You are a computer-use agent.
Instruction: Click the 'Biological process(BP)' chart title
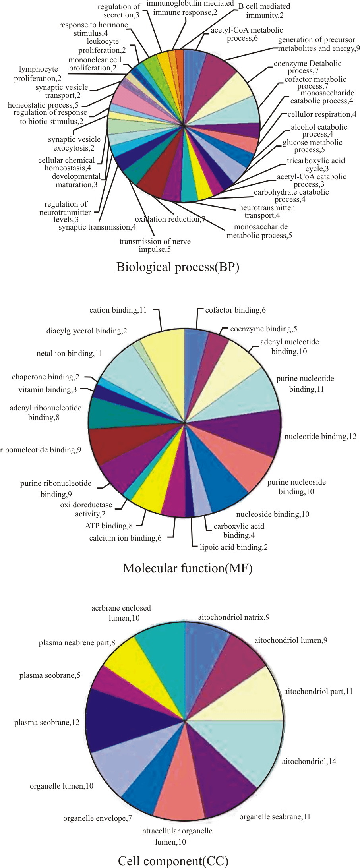[178, 267]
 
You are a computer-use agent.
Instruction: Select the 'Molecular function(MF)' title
[188, 568]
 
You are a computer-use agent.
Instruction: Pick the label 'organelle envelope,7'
[97, 818]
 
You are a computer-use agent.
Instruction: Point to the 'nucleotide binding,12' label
[320, 437]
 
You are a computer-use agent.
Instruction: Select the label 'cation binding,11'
[118, 310]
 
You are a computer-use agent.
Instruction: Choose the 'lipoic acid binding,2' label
[234, 547]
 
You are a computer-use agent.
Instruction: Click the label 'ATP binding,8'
[109, 526]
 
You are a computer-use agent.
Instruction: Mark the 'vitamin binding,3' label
[48, 389]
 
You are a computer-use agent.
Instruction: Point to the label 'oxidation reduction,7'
[170, 219]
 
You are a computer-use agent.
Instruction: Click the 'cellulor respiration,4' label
[322, 114]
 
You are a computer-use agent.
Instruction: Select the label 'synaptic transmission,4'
[97, 227]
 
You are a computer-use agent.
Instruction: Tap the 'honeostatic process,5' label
[43, 105]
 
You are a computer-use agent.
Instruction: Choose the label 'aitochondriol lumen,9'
[291, 640]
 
